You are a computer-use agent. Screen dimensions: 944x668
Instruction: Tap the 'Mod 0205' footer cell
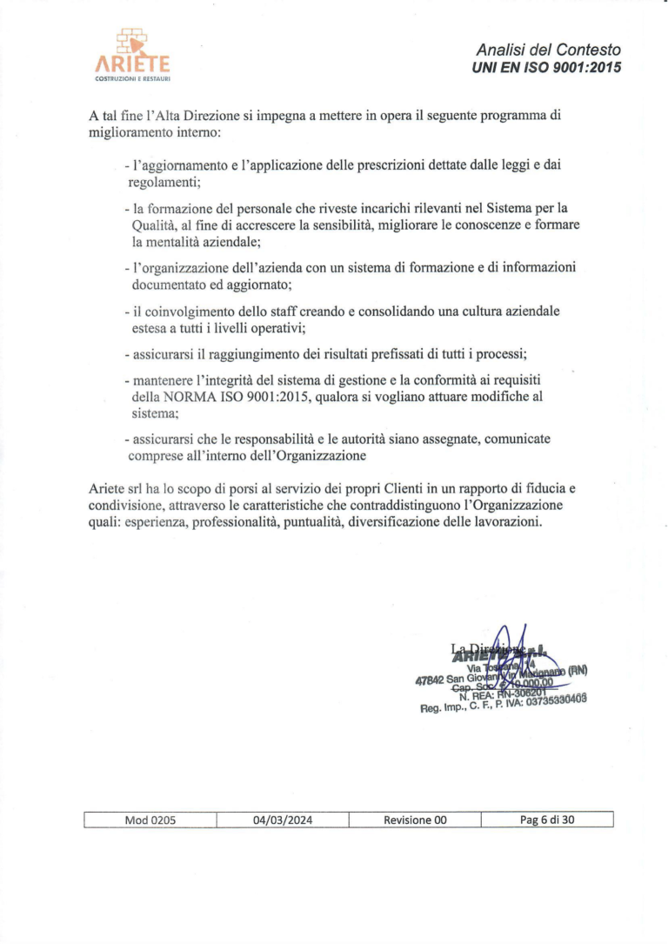(x=150, y=819)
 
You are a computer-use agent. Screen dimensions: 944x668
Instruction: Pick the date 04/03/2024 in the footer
(x=283, y=819)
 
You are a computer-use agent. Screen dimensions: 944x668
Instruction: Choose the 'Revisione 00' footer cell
(x=415, y=819)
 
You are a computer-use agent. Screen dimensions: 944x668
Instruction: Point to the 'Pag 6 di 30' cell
(x=547, y=819)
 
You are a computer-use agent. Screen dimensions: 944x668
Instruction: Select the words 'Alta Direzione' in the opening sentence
(x=178, y=116)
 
